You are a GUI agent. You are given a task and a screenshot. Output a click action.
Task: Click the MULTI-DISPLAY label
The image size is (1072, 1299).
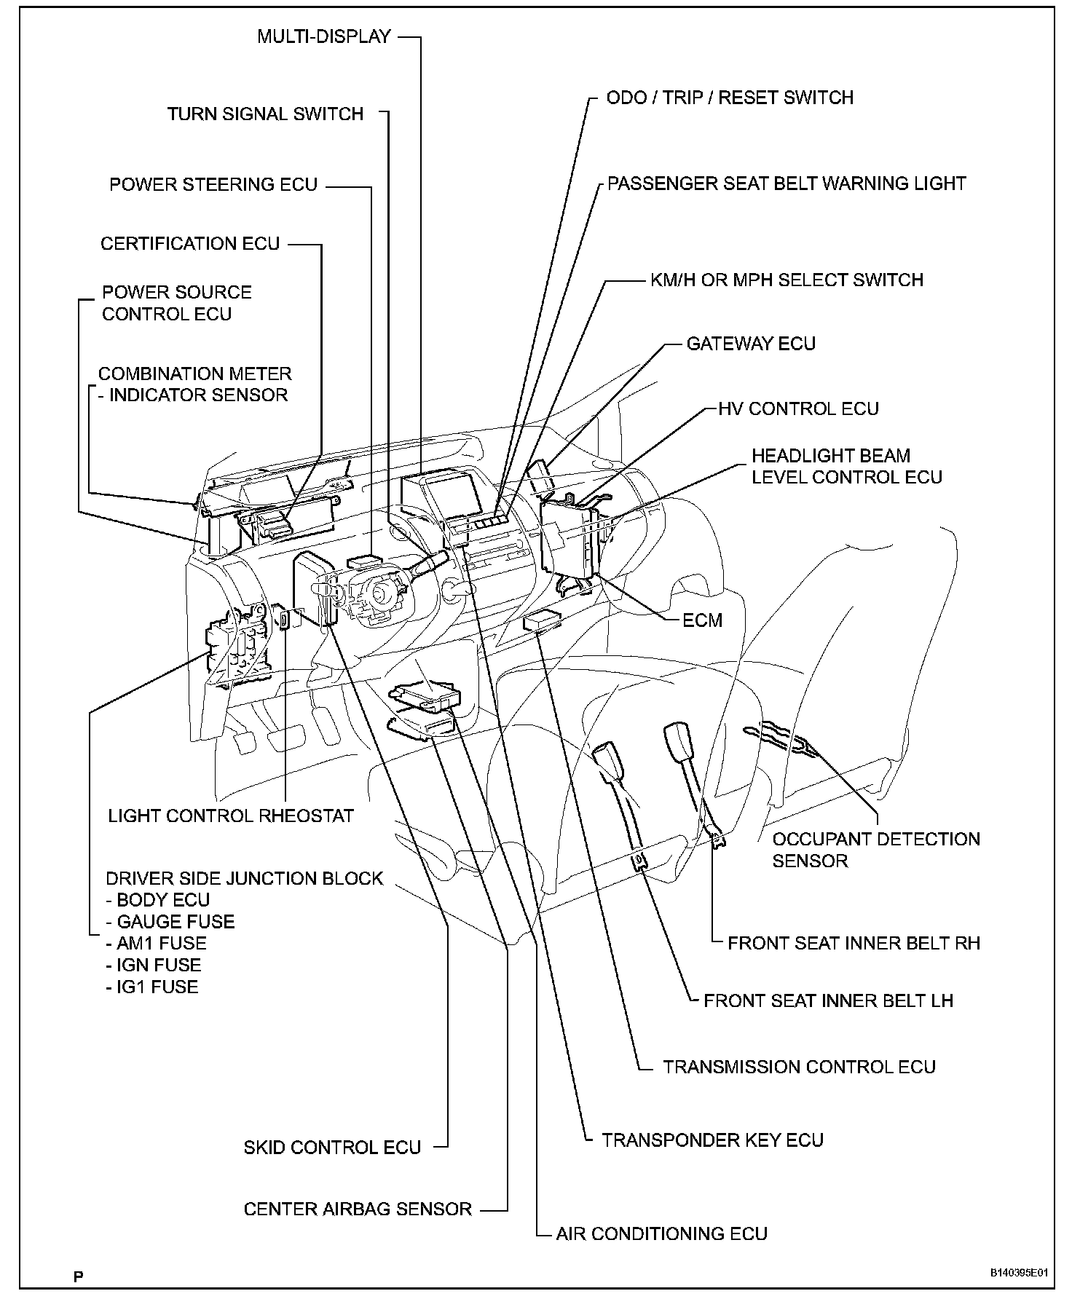(x=324, y=36)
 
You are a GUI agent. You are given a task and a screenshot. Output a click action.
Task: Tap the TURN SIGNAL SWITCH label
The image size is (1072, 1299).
(x=265, y=114)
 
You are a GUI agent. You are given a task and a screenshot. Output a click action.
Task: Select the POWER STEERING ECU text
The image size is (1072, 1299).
(x=213, y=185)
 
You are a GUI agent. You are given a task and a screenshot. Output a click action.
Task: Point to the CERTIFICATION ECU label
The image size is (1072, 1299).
(x=190, y=244)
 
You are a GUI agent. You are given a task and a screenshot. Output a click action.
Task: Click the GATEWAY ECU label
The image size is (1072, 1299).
(x=751, y=344)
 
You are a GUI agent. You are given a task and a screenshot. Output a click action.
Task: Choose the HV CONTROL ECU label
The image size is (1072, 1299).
(x=798, y=408)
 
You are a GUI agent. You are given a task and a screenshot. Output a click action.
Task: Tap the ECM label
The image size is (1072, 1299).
(x=702, y=620)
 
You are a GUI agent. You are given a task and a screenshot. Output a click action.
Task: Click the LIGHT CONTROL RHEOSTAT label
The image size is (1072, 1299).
(x=231, y=816)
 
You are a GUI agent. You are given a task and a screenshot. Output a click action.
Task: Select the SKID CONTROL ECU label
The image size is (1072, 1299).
(x=332, y=1148)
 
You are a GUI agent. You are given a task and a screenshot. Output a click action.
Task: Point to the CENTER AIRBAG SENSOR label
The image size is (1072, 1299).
(x=358, y=1209)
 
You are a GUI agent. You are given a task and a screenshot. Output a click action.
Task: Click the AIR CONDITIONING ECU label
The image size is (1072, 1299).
(x=661, y=1233)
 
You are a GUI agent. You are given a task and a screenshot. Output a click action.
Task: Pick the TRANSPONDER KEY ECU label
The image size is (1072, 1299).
(x=712, y=1140)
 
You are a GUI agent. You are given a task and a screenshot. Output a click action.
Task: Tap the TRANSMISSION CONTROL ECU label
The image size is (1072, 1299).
(x=799, y=1067)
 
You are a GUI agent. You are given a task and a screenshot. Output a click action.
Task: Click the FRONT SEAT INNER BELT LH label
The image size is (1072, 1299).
(x=828, y=1000)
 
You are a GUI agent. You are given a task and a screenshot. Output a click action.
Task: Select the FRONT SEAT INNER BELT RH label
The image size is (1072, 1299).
(x=854, y=943)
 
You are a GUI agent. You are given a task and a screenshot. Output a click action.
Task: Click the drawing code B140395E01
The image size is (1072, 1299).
(x=1018, y=1274)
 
